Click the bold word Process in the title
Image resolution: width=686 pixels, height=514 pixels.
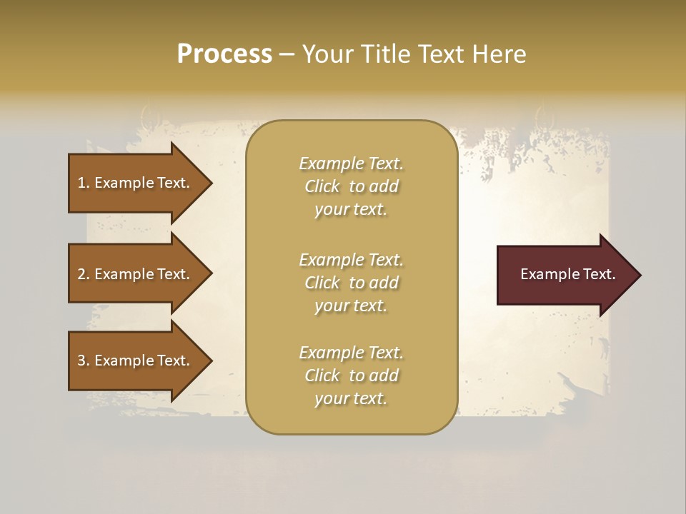coord(224,54)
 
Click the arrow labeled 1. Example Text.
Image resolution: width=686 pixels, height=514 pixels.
coord(136,183)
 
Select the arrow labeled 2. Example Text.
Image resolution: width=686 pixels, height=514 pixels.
coord(136,274)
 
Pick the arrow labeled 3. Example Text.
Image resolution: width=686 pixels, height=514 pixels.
coord(136,361)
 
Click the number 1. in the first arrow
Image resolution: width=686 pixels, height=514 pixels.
coord(84,183)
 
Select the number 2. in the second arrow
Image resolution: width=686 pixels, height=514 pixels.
coord(84,274)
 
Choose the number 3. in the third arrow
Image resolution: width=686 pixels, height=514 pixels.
coord(84,361)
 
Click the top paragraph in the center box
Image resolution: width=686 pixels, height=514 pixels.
coord(351,186)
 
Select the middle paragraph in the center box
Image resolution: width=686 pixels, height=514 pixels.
coord(351,283)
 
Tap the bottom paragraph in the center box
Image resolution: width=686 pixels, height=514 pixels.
coord(351,376)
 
